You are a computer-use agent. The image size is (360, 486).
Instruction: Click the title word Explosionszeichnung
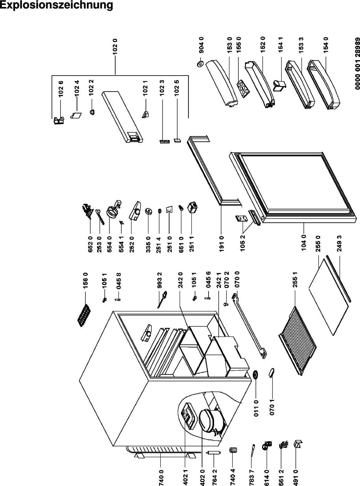click(x=56, y=5)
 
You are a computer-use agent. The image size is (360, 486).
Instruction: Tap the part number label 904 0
click(x=201, y=45)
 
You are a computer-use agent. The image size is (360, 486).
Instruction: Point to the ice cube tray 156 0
click(x=84, y=316)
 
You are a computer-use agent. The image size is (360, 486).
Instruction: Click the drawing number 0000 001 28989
click(x=357, y=64)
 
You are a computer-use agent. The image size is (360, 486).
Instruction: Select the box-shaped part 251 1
click(x=192, y=207)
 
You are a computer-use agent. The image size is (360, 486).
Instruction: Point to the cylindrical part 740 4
click(x=233, y=450)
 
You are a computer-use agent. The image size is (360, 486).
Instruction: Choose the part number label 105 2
click(x=243, y=243)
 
